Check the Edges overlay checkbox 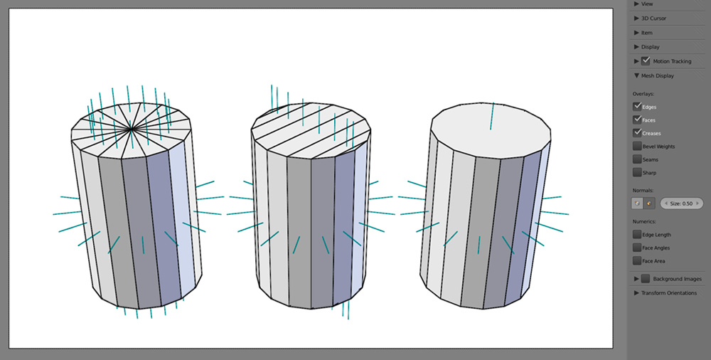tap(637, 107)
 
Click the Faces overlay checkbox tap(637, 120)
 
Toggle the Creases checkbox tap(637, 133)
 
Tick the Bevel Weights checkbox tap(637, 146)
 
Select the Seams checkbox tap(637, 159)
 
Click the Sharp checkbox tap(637, 172)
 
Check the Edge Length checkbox tap(637, 234)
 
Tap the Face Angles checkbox tap(637, 248)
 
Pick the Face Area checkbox tap(637, 260)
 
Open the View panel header tap(647, 4)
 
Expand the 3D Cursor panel tap(653, 18)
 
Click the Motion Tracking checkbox tap(646, 61)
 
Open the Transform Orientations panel tap(668, 293)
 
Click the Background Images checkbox tap(646, 279)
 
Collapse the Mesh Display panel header tap(657, 75)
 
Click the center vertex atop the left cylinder tap(131, 129)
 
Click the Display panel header tap(650, 47)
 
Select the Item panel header tap(646, 33)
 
